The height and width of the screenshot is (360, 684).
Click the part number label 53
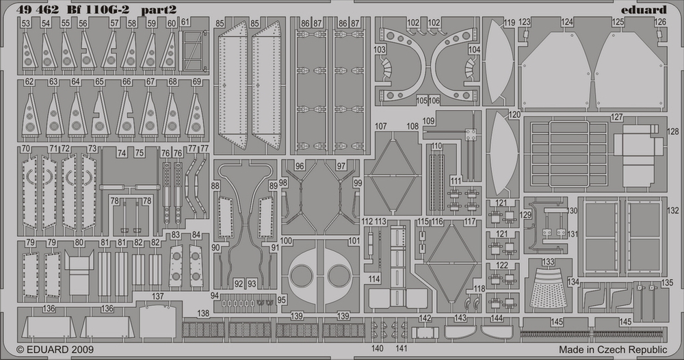tap(25, 23)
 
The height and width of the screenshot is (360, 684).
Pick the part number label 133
tap(548, 262)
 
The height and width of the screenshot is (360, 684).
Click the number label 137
tap(158, 296)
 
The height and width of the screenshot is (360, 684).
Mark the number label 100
tap(286, 241)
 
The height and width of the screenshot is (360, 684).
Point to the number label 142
tap(425, 319)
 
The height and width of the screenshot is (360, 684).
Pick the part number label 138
tap(203, 313)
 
